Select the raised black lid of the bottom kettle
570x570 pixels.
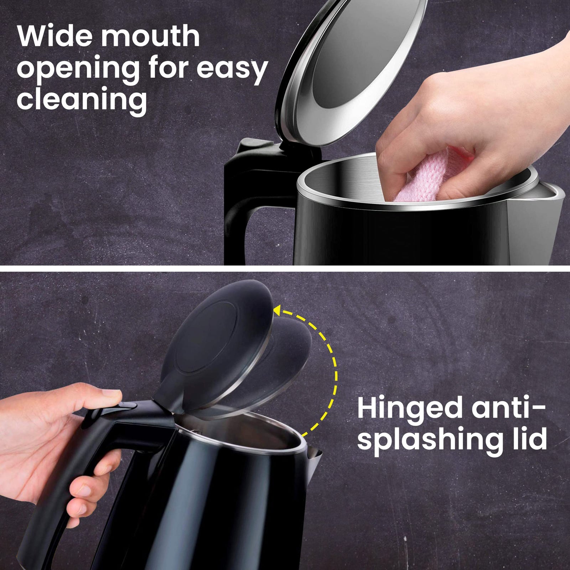coord(217,342)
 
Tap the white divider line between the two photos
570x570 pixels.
coord(285,268)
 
